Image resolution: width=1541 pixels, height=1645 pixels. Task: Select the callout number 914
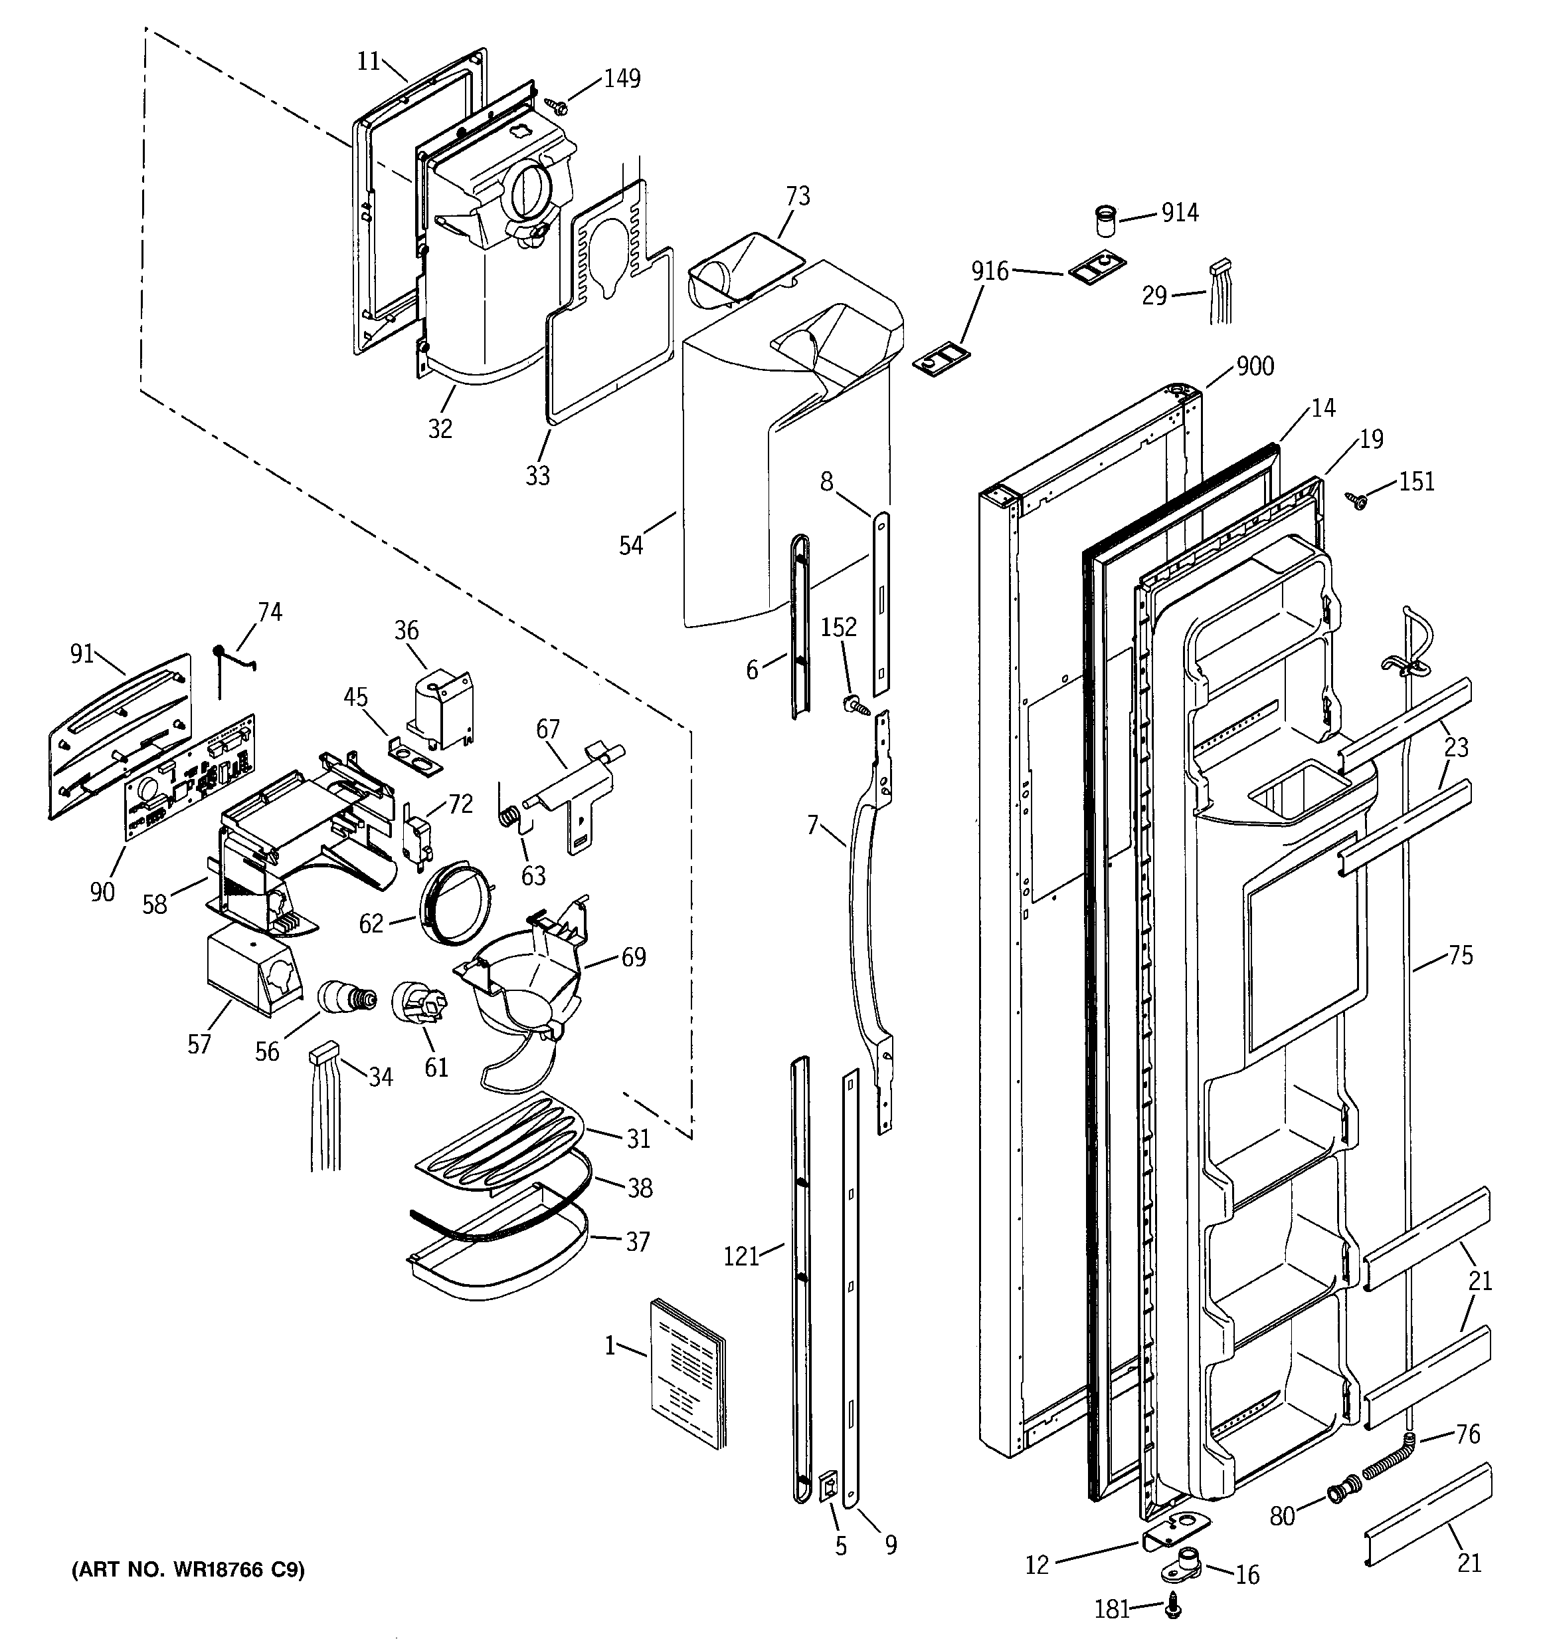(1180, 213)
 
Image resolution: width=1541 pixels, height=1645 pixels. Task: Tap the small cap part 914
(1103, 222)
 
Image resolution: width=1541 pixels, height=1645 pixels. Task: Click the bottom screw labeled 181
(1172, 1607)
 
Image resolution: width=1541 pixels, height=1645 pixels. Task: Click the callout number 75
(1460, 956)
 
